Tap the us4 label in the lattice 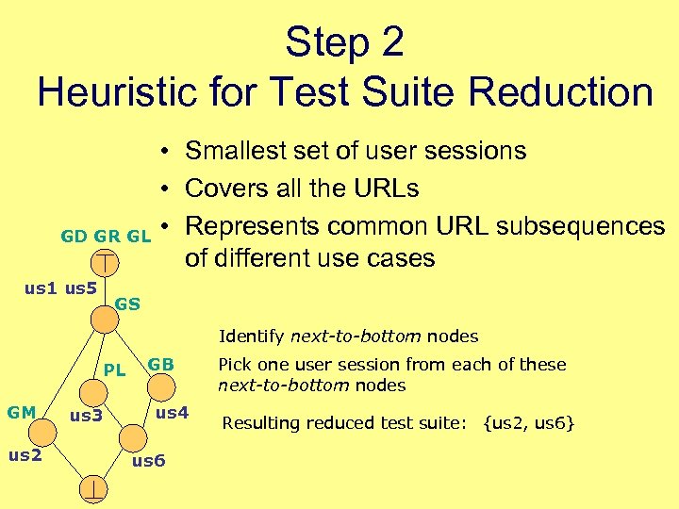173,412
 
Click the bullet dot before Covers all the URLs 164,189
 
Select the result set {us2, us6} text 529,423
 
